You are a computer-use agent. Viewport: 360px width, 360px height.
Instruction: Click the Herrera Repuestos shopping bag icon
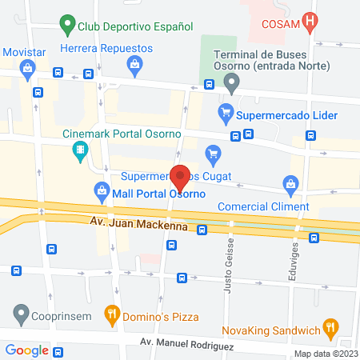coord(133,63)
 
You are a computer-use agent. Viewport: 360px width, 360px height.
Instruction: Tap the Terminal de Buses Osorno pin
coord(232,82)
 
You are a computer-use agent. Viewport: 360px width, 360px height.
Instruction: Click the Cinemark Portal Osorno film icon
coord(80,150)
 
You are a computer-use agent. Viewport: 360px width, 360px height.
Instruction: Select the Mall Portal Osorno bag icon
coord(102,190)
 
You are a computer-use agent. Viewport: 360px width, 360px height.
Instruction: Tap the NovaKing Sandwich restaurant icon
coord(328,326)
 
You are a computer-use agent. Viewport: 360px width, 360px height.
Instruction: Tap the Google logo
coord(27,350)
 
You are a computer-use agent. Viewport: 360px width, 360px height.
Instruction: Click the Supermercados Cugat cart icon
coord(213,152)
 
